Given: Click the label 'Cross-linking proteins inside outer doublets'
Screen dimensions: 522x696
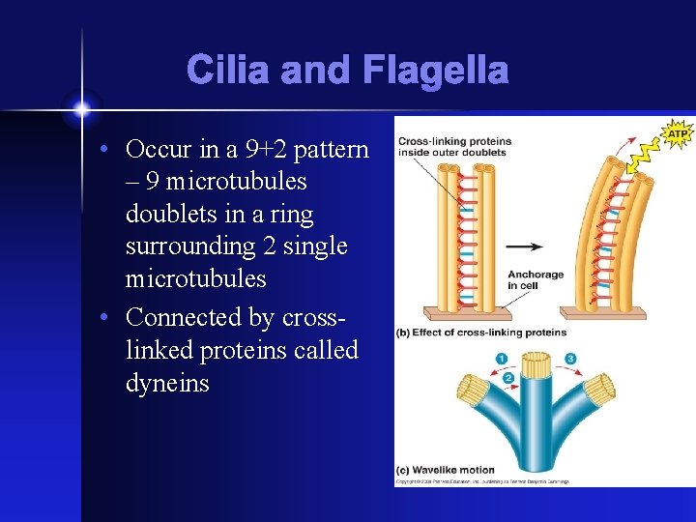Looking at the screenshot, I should pyautogui.click(x=454, y=146).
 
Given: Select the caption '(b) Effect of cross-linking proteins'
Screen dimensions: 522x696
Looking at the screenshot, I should pyautogui.click(x=480, y=333).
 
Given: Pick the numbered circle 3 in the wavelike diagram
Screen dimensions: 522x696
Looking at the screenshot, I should pyautogui.click(x=571, y=359).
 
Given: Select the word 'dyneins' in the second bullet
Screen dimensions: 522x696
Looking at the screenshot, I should pyautogui.click(x=167, y=383).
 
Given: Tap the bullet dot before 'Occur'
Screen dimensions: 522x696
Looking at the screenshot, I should pyautogui.click(x=112, y=150).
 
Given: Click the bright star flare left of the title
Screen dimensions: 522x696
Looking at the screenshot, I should pyautogui.click(x=81, y=106).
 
